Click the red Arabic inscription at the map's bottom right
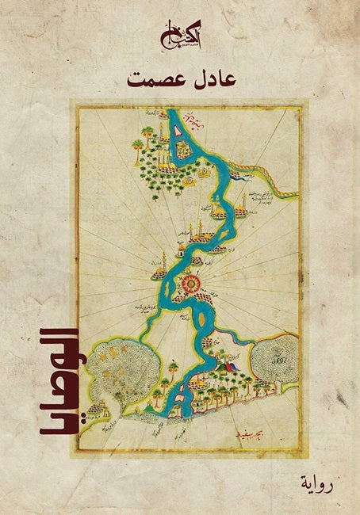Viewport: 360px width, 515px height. click(255, 433)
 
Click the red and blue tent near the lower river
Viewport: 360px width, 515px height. click(230, 366)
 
